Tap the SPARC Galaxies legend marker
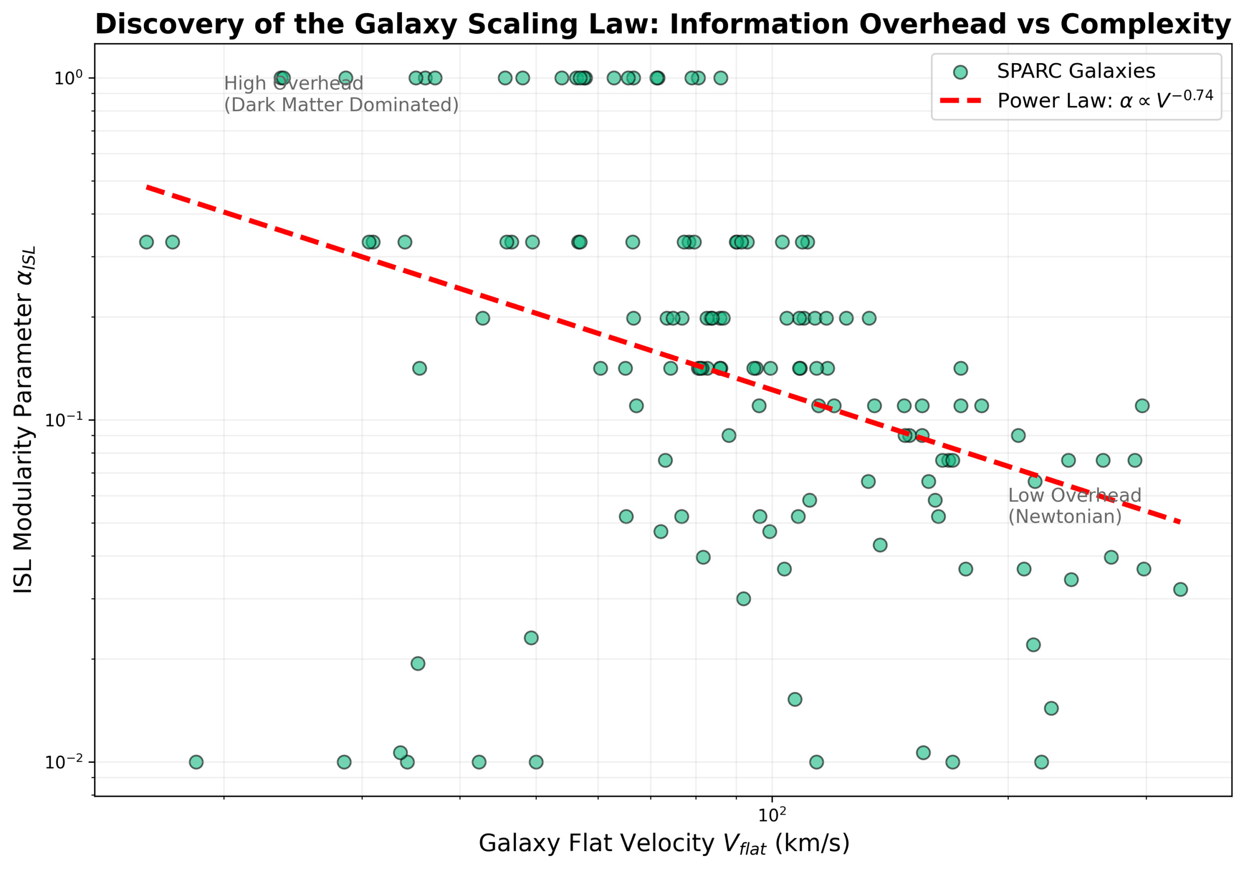click(960, 72)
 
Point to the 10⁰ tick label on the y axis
click(67, 78)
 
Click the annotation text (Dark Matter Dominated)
click(341, 105)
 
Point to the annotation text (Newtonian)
click(1065, 517)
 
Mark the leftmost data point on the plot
click(146, 242)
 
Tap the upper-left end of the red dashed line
click(147, 187)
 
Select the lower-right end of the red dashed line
click(1179, 522)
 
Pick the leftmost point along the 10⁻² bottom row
click(196, 762)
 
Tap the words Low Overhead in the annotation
click(1074, 495)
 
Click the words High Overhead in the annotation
click(293, 84)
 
